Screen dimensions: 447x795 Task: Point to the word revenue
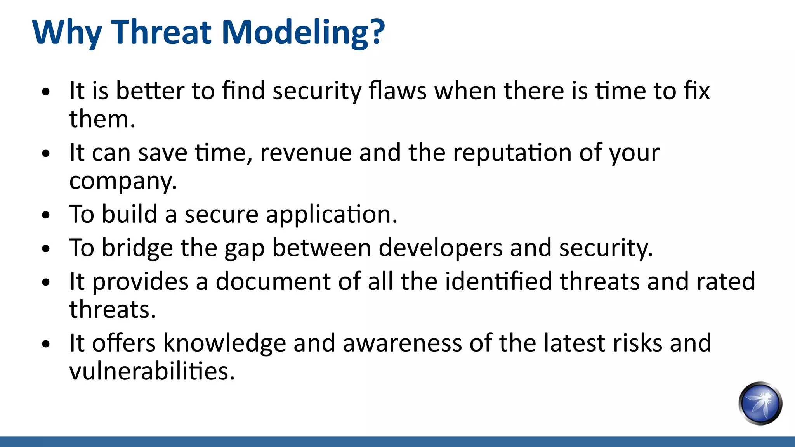pos(306,153)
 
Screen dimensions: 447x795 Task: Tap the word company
pos(123,182)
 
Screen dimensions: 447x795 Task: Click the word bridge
pos(137,248)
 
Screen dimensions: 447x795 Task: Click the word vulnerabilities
pos(152,371)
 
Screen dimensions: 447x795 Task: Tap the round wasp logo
pos(760,403)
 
